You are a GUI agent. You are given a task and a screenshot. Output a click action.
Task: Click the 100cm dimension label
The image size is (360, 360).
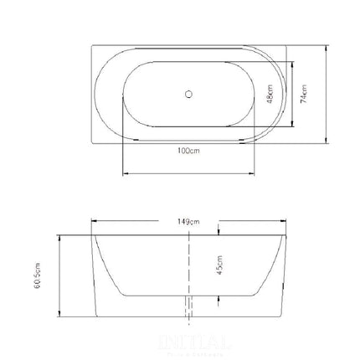(188, 152)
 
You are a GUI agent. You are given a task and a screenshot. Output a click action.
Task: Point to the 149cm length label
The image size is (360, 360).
(188, 221)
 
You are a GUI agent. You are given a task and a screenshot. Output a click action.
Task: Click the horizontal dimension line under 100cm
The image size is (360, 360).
(188, 174)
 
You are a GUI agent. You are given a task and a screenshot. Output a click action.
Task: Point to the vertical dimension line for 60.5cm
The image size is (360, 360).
(59, 275)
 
